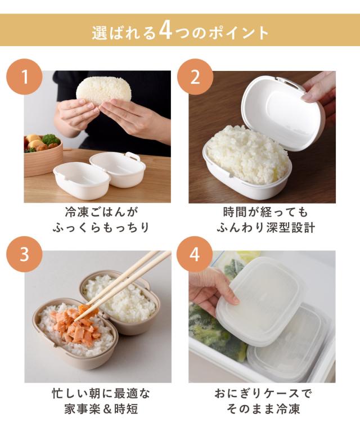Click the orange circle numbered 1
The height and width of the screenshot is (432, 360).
tap(25, 77)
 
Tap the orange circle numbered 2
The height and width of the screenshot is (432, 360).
tap(195, 77)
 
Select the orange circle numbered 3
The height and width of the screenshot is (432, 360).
tap(25, 254)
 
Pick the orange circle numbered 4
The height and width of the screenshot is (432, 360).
tap(195, 254)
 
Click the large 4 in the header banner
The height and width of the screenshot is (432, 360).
tap(165, 31)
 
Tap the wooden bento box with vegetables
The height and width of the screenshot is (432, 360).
tap(43, 155)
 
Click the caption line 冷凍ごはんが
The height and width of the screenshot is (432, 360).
tap(101, 212)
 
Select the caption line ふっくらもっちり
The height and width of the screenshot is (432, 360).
tap(101, 228)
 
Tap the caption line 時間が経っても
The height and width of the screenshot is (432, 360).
tap(266, 212)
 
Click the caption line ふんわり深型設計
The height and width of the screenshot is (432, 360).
tap(266, 228)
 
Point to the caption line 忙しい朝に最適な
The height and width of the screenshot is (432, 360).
tap(101, 393)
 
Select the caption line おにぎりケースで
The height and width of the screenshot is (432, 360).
tap(263, 393)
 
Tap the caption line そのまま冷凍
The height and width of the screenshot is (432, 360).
tap(263, 409)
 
